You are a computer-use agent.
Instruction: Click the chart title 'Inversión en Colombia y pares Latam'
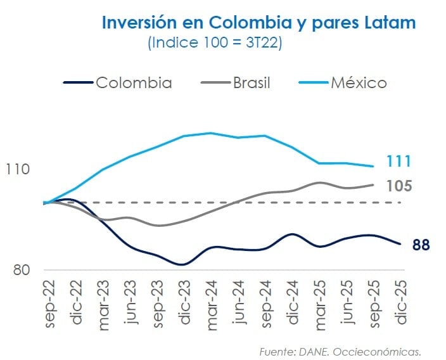tap(258, 23)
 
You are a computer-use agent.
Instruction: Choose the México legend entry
tap(358, 82)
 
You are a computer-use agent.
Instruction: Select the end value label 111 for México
tap(398, 162)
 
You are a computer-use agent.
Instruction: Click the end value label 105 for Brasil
tap(398, 186)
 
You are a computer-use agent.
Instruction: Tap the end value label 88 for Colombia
tap(421, 245)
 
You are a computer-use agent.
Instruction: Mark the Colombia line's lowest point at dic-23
tap(182, 264)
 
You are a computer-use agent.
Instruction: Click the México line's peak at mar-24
tap(210, 133)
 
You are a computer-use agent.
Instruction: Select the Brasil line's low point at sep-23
tap(158, 226)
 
